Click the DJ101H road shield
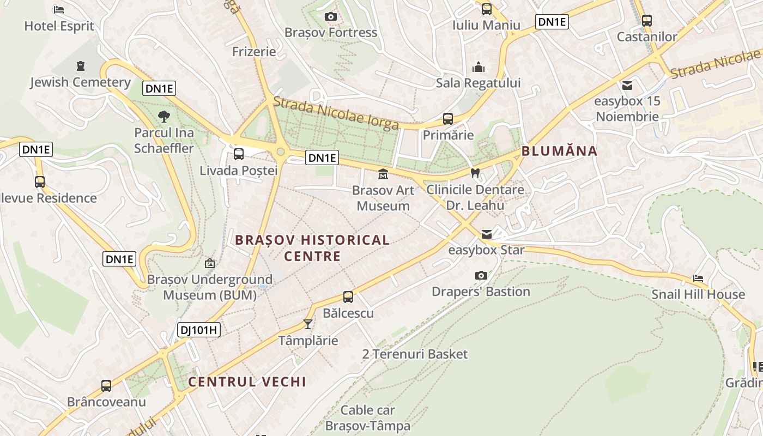pyautogui.click(x=198, y=329)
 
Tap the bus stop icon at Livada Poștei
pyautogui.click(x=239, y=154)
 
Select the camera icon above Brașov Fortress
pyautogui.click(x=330, y=17)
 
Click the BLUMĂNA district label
pyautogui.click(x=559, y=151)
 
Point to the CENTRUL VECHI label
pyautogui.click(x=247, y=381)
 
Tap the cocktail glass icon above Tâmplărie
pyautogui.click(x=308, y=324)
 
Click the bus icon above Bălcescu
pyautogui.click(x=348, y=297)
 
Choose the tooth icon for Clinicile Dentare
pyautogui.click(x=475, y=173)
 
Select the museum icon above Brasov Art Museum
pyautogui.click(x=383, y=174)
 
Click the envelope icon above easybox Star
pyautogui.click(x=486, y=234)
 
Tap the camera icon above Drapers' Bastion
pyautogui.click(x=481, y=275)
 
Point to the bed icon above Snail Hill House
pyautogui.click(x=698, y=278)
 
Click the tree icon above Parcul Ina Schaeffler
pyautogui.click(x=163, y=116)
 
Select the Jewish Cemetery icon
pyautogui.click(x=81, y=66)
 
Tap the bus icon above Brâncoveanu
pyautogui.click(x=106, y=386)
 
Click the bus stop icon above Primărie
pyautogui.click(x=448, y=119)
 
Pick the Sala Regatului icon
pyautogui.click(x=478, y=67)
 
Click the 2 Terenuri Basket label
pyautogui.click(x=415, y=354)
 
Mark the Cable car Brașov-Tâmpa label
pyautogui.click(x=367, y=417)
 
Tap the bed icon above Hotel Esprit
pyautogui.click(x=59, y=10)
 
